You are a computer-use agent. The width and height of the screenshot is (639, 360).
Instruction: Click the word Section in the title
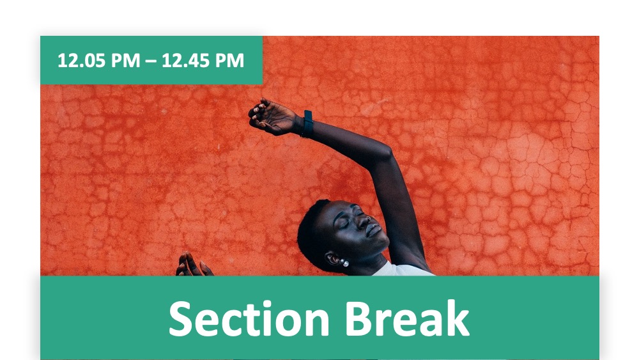click(x=249, y=318)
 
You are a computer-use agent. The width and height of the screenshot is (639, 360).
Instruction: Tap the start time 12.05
click(x=81, y=60)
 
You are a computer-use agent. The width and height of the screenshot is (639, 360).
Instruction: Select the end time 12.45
click(x=185, y=60)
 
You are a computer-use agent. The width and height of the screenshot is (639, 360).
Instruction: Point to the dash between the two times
click(x=150, y=61)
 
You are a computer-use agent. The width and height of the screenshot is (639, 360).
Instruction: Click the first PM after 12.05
click(x=125, y=60)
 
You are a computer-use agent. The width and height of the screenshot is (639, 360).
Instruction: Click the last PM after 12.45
click(x=229, y=60)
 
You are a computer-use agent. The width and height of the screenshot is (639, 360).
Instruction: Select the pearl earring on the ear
click(x=345, y=263)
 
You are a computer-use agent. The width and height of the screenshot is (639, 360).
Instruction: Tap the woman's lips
click(x=374, y=231)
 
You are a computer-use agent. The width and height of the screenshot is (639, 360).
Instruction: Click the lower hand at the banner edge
click(x=193, y=265)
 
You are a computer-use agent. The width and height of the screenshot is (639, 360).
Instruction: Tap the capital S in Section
click(x=181, y=318)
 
